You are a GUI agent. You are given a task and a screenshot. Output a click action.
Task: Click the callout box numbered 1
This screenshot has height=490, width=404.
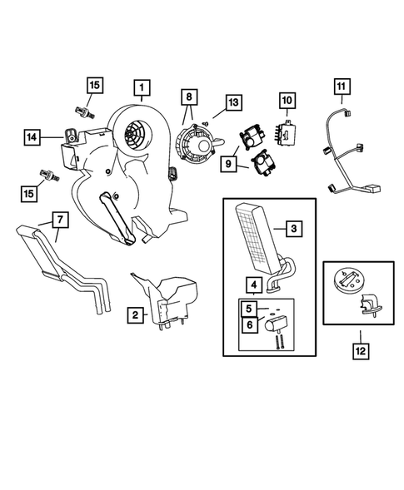tap(142, 87)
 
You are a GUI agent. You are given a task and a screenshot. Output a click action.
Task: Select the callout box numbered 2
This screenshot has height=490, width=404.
tap(135, 314)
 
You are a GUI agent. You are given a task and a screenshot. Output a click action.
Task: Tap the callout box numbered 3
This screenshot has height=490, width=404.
tap(294, 229)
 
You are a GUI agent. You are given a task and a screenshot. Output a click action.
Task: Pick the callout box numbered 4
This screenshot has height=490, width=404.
tap(254, 285)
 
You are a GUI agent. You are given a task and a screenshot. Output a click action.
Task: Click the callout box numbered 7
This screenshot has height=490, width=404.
tap(60, 220)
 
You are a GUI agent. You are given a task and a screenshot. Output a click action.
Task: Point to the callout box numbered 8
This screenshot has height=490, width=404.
tap(189, 97)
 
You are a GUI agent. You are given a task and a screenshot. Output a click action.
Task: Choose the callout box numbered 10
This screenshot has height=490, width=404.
tap(287, 101)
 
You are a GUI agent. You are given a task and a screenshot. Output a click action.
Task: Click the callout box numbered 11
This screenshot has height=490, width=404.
tap(342, 87)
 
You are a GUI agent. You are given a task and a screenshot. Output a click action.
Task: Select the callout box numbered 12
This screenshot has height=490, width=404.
tap(361, 351)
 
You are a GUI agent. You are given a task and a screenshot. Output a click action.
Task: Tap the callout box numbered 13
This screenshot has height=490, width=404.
tap(234, 102)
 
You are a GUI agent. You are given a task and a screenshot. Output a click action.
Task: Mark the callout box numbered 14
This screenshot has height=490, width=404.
tap(32, 137)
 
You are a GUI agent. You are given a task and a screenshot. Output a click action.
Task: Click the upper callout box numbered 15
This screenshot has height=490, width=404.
tap(95, 85)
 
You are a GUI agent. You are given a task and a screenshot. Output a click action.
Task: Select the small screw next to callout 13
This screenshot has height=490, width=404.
tap(205, 122)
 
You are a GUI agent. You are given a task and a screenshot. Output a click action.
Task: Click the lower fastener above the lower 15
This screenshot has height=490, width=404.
tap(49, 176)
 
